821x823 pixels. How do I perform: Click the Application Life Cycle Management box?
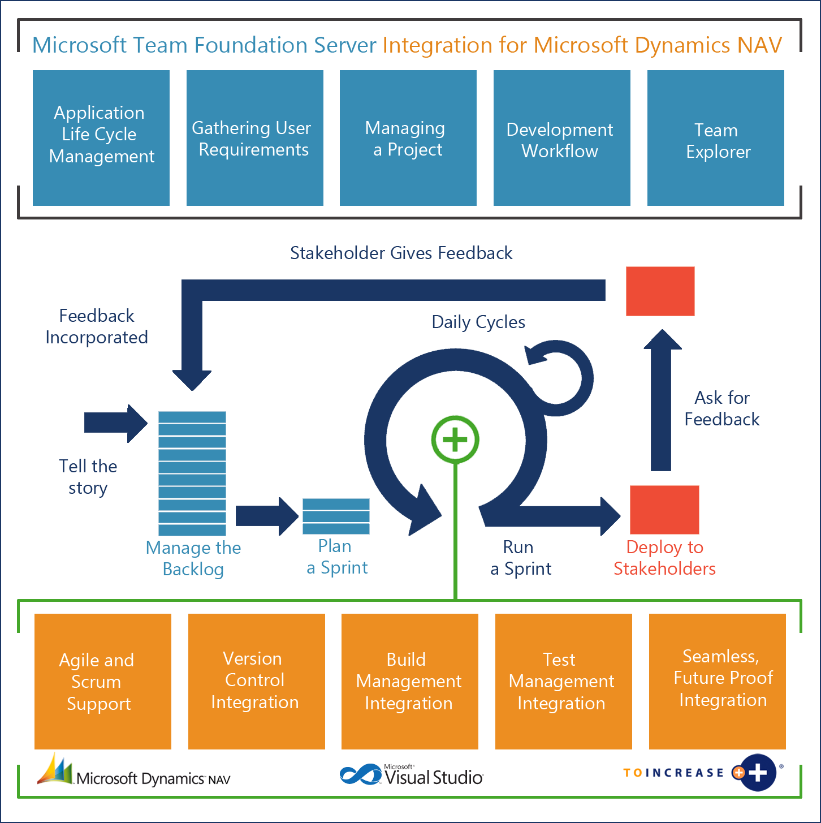point(101,137)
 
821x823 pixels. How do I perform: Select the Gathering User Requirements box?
point(254,137)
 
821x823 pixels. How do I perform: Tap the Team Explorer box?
point(715,137)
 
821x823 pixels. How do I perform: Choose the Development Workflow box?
point(561,137)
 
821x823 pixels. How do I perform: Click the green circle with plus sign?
point(455,440)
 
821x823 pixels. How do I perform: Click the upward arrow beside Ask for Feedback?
point(661,402)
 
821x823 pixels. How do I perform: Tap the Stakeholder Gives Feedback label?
point(401,253)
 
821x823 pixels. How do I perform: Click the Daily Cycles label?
point(478,322)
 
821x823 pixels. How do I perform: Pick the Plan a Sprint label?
point(336,557)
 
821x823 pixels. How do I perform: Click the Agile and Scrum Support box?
point(102,682)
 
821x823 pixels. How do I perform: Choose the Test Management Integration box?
point(563,682)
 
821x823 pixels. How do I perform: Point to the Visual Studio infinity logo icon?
point(361,774)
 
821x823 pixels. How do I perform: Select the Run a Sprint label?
point(520,558)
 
